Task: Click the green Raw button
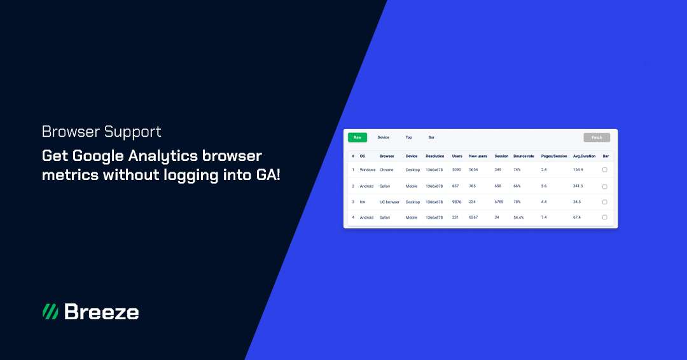pos(357,137)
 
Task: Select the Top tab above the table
pos(409,137)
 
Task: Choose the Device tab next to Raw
pos(383,137)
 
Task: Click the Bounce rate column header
pos(524,156)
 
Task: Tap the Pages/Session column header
pos(553,156)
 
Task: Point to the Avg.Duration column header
pos(584,156)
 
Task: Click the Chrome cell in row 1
pos(386,170)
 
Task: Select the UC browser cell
pos(389,202)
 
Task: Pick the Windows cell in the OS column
pos(368,170)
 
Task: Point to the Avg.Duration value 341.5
pos(578,186)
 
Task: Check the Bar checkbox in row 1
pos(604,170)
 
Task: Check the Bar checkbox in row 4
pos(604,218)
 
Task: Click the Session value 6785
pos(499,202)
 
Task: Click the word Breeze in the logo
pos(101,312)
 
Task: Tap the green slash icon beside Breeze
pos(50,312)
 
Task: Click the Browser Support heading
pos(101,132)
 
